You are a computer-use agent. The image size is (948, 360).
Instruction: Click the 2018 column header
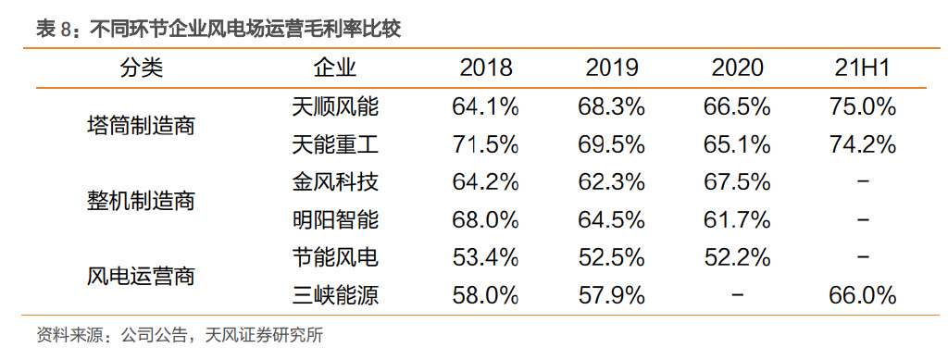pyautogui.click(x=485, y=68)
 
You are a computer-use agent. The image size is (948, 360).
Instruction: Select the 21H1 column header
pyautogui.click(x=862, y=68)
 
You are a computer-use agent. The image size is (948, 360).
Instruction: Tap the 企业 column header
pyautogui.click(x=334, y=68)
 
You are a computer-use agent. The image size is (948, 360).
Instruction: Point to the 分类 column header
pyautogui.click(x=141, y=68)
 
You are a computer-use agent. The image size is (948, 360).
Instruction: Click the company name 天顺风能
pyautogui.click(x=334, y=106)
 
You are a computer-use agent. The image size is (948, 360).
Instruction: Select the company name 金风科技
pyautogui.click(x=334, y=182)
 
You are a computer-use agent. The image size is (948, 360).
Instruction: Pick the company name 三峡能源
pyautogui.click(x=334, y=296)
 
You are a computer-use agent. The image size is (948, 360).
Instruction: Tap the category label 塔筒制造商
pyautogui.click(x=141, y=126)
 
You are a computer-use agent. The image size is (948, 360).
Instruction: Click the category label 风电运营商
pyautogui.click(x=141, y=277)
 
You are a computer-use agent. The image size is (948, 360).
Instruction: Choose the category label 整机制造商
pyautogui.click(x=141, y=201)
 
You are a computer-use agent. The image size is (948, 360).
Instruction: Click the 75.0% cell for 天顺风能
pyautogui.click(x=862, y=106)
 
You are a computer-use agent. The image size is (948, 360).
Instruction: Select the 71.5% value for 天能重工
pyautogui.click(x=485, y=144)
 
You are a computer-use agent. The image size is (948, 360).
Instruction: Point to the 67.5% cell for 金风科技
pyautogui.click(x=737, y=182)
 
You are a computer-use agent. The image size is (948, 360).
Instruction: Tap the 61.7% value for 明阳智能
pyautogui.click(x=737, y=220)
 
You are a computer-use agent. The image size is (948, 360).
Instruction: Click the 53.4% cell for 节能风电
pyautogui.click(x=485, y=258)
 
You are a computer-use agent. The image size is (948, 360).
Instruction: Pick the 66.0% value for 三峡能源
pyautogui.click(x=862, y=296)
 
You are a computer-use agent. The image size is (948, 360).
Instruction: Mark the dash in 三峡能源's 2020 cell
pyautogui.click(x=737, y=296)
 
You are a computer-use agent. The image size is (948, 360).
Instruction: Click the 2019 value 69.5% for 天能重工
pyautogui.click(x=611, y=144)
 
